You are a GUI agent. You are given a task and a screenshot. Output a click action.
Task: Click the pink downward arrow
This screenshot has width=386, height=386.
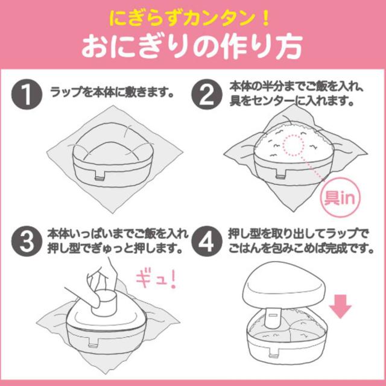tap(341, 305)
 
